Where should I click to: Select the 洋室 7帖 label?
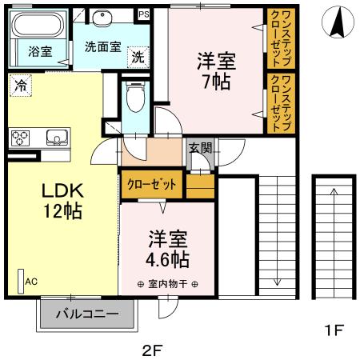[x=217, y=70]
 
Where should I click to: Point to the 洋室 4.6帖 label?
[x=168, y=250]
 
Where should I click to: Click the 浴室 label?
[x=40, y=52]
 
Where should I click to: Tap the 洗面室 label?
[x=102, y=46]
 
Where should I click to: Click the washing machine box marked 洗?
[x=138, y=57]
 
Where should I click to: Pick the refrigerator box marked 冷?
[x=20, y=84]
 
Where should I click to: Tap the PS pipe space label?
[x=143, y=14]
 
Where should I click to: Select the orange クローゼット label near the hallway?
[x=152, y=184]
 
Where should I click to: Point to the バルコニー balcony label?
[x=86, y=314]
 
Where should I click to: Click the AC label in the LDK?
[x=31, y=281]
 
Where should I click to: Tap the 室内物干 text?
[x=168, y=284]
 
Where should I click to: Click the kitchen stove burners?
[x=20, y=138]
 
